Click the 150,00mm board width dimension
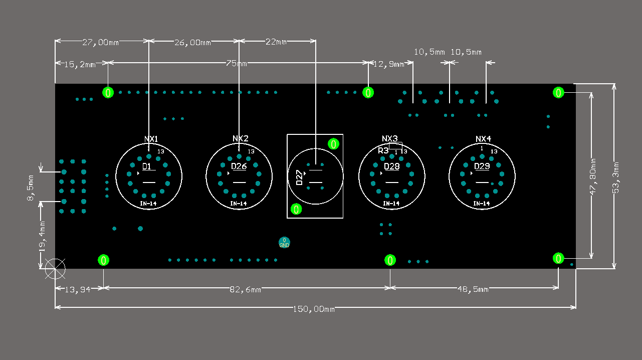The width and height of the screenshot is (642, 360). click(313, 309)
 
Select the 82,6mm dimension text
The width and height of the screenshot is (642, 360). click(245, 290)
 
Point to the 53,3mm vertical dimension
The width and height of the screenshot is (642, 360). click(617, 176)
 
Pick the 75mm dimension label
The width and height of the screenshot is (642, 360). click(237, 64)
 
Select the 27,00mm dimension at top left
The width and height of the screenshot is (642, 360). click(100, 43)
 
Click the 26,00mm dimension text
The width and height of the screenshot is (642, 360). click(192, 43)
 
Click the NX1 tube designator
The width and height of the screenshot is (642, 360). click(151, 139)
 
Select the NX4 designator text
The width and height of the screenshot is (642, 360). click(483, 139)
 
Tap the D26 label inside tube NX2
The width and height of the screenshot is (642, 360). click(239, 166)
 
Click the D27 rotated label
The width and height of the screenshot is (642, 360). click(299, 178)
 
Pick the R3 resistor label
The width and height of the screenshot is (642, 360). click(383, 150)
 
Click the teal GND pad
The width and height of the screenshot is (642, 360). click(284, 243)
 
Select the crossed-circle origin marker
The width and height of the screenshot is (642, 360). click(55, 269)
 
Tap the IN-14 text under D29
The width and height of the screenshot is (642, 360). click(481, 204)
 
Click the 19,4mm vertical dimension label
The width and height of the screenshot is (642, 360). click(43, 236)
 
